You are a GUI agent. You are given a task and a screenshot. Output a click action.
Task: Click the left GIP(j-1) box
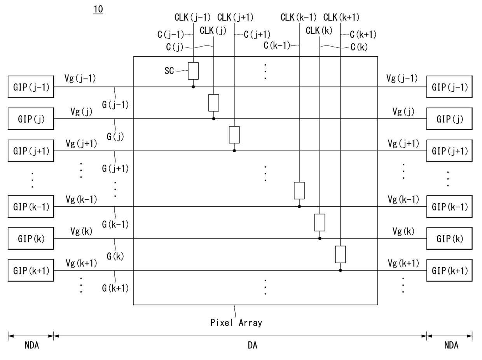pos(31,87)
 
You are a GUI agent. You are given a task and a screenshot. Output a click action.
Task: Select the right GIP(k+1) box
pos(449,271)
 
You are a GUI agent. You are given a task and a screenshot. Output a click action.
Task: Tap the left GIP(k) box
pos(31,238)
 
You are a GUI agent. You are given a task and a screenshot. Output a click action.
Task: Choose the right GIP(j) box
pos(449,119)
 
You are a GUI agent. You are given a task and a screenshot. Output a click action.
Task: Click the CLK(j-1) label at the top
pos(192,17)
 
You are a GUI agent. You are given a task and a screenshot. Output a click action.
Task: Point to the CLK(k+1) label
pos(341,17)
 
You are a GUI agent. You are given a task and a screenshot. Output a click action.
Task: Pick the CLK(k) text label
pos(319,31)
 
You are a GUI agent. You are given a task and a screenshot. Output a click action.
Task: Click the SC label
pos(169,71)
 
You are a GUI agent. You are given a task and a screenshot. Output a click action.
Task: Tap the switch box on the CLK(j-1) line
pos(193,71)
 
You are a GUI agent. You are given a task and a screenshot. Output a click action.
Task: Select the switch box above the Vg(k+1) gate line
pos(340,254)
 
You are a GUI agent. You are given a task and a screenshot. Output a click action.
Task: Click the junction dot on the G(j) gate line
pos(214,118)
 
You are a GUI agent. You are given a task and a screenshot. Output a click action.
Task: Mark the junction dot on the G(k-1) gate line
pos(299,206)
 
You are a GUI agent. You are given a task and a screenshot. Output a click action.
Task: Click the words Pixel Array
pos(236,323)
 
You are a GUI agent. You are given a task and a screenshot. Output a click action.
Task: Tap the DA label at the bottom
pos(253,345)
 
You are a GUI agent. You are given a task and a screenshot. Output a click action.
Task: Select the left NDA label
pos(32,345)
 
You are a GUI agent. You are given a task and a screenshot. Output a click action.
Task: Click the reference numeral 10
pos(98,9)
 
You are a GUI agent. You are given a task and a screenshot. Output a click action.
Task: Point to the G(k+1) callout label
pos(115,288)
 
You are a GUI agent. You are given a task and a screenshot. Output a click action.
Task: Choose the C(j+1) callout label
pos(257,35)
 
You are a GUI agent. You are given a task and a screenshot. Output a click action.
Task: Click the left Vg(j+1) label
pos(81,143)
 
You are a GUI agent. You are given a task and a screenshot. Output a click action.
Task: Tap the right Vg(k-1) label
pos(403,200)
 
